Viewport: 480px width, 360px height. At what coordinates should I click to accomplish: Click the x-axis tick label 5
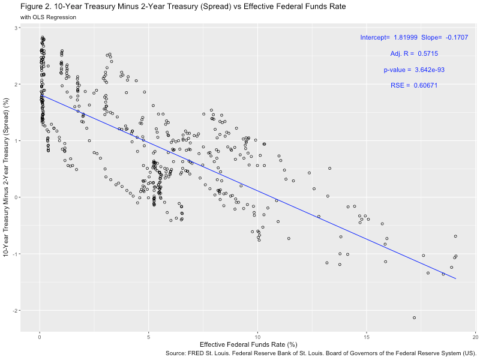(149, 336)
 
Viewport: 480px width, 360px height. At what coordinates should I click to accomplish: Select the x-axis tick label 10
(258, 336)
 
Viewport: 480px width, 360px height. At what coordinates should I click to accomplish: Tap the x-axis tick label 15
(367, 336)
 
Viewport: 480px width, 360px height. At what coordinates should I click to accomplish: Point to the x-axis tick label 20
(476, 336)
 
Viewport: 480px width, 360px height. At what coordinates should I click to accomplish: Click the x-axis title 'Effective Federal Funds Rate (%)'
(248, 345)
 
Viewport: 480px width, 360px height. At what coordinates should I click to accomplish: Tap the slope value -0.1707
(457, 38)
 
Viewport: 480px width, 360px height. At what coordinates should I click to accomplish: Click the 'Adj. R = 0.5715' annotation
(414, 54)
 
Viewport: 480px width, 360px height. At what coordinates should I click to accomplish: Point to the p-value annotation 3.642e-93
(414, 70)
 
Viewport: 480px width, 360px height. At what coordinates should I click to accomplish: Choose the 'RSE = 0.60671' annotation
(414, 86)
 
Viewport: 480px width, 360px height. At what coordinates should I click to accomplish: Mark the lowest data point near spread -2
(414, 317)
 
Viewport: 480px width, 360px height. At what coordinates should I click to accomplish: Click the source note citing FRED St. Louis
(320, 354)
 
